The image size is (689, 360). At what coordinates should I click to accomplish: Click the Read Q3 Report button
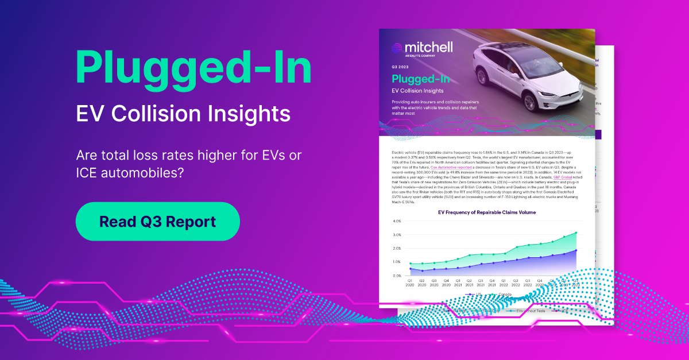[157, 221]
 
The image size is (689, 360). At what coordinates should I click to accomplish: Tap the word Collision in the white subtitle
[179, 113]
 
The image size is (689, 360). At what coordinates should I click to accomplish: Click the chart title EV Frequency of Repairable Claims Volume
[486, 212]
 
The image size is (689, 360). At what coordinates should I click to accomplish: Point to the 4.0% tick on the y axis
[397, 221]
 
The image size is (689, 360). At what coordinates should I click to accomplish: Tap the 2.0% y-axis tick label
[397, 248]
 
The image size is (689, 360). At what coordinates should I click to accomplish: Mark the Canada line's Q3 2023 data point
[576, 233]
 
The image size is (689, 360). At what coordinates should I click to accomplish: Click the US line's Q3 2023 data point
[576, 250]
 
